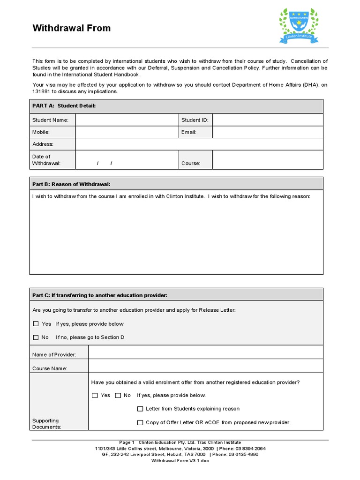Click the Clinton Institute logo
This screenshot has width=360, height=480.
point(299,26)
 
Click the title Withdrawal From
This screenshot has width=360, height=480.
point(71,28)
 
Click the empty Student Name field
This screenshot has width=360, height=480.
point(127,120)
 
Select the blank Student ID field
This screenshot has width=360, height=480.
point(267,120)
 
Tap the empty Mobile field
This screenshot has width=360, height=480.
point(127,132)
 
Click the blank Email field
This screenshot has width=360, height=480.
point(267,132)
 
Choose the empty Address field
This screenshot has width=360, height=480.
point(199,144)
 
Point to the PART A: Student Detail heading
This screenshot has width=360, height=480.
point(64,106)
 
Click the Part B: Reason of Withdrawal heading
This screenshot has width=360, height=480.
point(71,184)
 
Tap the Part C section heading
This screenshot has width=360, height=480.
point(99,295)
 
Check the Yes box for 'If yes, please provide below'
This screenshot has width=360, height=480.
point(36,324)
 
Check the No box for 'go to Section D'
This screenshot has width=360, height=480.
point(36,337)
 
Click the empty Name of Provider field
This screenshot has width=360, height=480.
point(205,352)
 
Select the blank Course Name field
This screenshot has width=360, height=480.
point(205,366)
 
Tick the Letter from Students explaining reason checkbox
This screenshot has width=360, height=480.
point(140,409)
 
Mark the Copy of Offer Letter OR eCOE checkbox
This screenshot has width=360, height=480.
point(140,423)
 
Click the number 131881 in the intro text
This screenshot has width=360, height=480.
point(41,91)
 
